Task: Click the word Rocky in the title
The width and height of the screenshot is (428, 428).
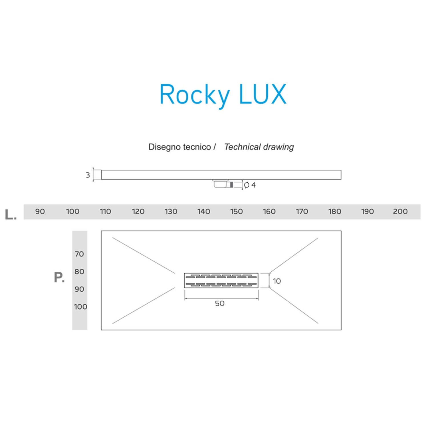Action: (x=194, y=94)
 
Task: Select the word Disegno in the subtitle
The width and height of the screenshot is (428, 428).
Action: (x=165, y=147)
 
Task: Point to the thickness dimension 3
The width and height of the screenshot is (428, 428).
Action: (x=88, y=175)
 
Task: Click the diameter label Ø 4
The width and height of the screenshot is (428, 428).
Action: (x=250, y=185)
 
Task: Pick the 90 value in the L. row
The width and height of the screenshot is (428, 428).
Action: (x=40, y=211)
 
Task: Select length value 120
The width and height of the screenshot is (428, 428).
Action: (x=138, y=211)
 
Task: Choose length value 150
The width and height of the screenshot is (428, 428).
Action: (x=236, y=211)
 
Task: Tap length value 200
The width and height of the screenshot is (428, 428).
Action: (x=400, y=211)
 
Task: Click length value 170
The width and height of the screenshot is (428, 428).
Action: (x=302, y=211)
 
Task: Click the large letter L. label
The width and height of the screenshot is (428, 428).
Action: (x=11, y=215)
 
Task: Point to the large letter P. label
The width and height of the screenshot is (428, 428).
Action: (x=59, y=277)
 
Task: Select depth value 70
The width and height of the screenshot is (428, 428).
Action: (x=79, y=254)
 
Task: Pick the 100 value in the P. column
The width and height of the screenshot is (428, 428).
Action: (x=80, y=307)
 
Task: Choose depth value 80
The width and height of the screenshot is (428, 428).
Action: (x=79, y=271)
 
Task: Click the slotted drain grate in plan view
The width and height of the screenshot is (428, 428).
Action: (x=221, y=280)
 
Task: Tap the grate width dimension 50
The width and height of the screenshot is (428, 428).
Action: (x=220, y=303)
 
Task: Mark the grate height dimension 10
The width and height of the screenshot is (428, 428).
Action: (x=277, y=281)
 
